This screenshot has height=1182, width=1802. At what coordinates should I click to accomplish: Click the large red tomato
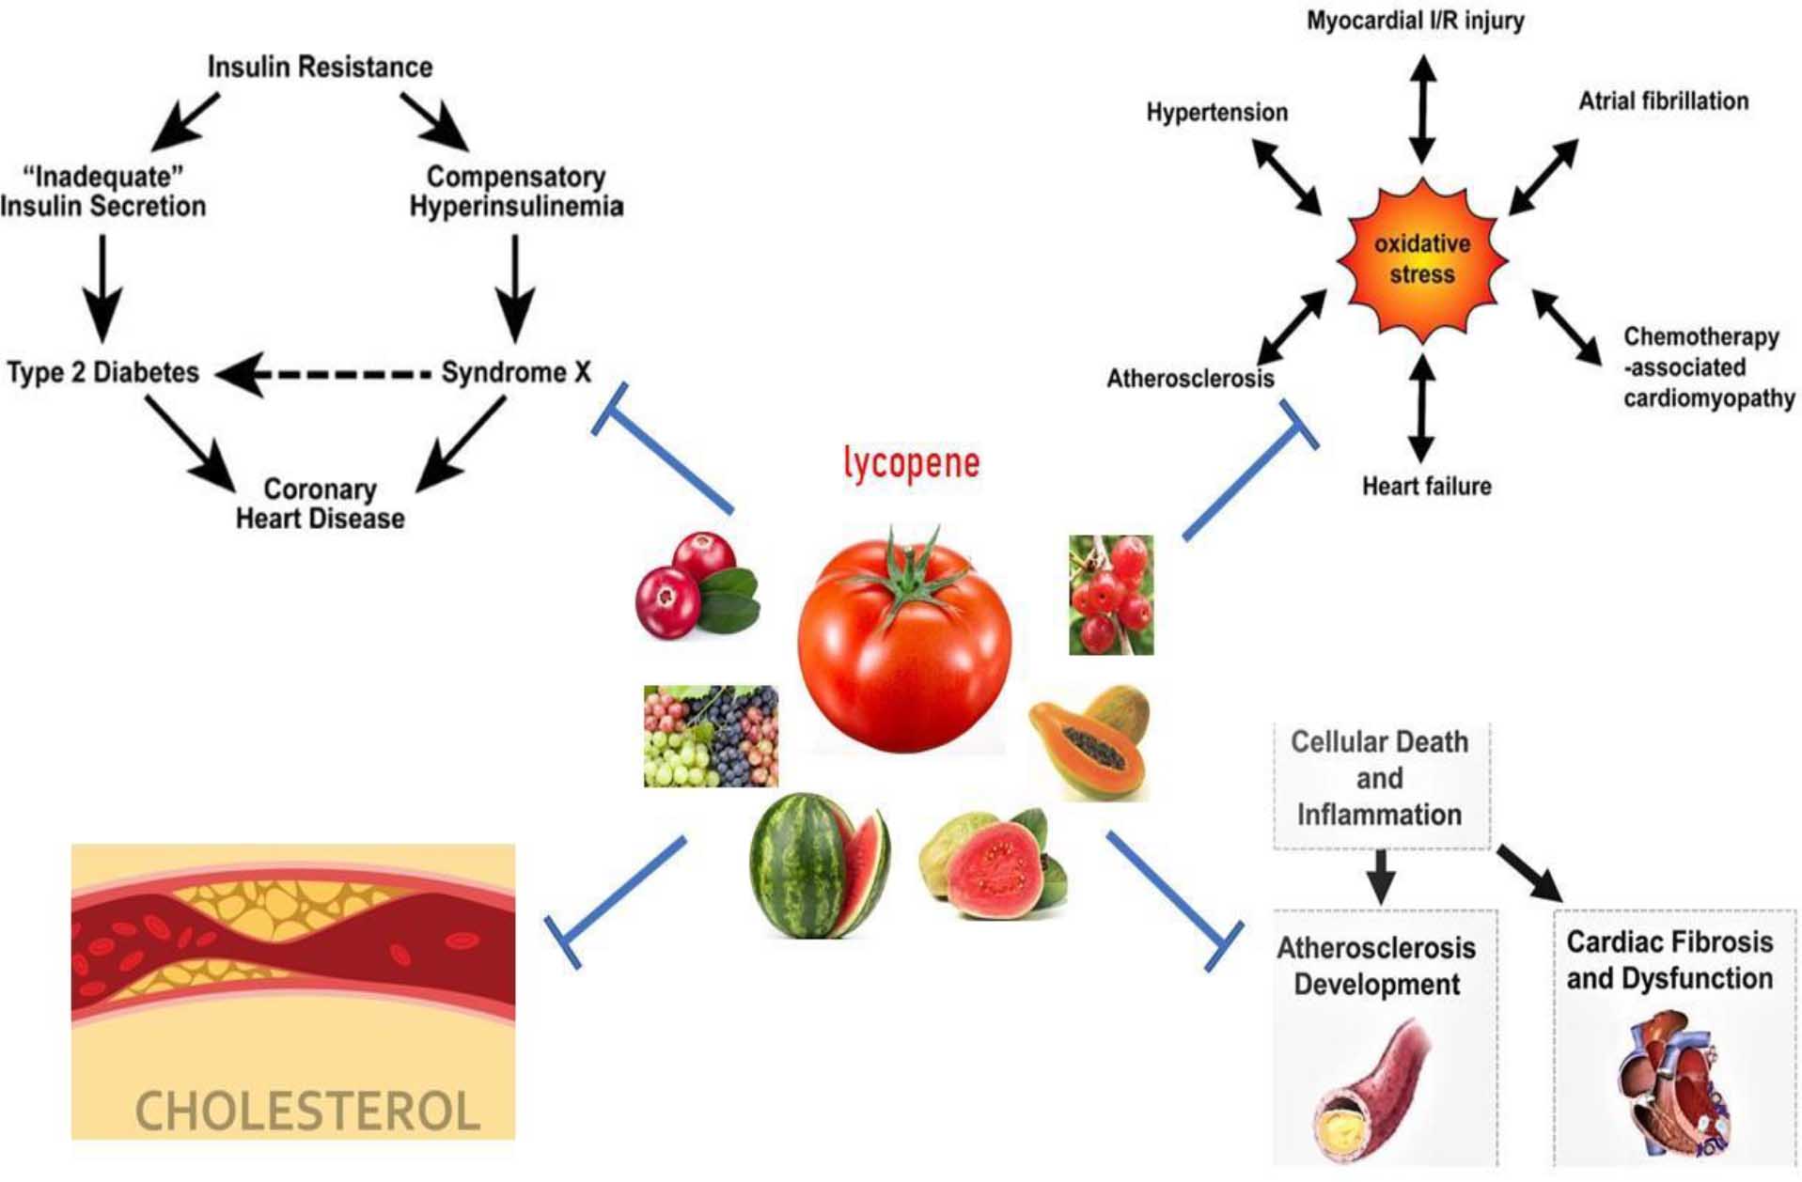pyautogui.click(x=904, y=644)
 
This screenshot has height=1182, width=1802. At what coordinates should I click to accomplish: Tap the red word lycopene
pyautogui.click(x=911, y=462)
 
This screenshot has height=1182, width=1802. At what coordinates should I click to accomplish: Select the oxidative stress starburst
pyautogui.click(x=1422, y=259)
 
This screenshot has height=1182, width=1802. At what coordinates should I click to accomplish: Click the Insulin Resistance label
pyautogui.click(x=320, y=67)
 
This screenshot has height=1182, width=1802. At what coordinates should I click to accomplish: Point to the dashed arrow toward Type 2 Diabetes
pyautogui.click(x=324, y=374)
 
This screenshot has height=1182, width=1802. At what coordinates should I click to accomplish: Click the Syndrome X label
pyautogui.click(x=516, y=372)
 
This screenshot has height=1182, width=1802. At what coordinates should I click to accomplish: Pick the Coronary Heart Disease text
pyautogui.click(x=320, y=504)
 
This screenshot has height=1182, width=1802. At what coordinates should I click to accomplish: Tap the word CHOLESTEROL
pyautogui.click(x=307, y=1111)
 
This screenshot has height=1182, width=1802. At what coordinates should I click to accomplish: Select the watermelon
pyautogui.click(x=818, y=866)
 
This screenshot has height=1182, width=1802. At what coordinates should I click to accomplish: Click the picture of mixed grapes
pyautogui.click(x=711, y=736)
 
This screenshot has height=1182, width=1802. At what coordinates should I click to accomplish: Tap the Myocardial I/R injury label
pyautogui.click(x=1415, y=21)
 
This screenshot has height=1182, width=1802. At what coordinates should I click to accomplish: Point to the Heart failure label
pyautogui.click(x=1426, y=486)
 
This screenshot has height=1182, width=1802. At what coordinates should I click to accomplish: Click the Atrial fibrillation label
pyautogui.click(x=1663, y=101)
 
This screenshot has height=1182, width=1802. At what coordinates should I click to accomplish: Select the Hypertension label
pyautogui.click(x=1216, y=113)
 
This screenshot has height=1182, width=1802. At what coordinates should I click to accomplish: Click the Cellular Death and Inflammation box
pyautogui.click(x=1379, y=779)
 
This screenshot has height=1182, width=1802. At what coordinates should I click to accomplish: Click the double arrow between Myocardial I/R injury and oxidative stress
pyautogui.click(x=1422, y=108)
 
